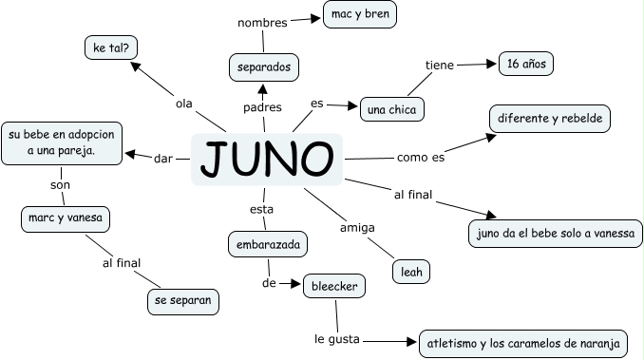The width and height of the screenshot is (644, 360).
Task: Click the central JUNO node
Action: pyautogui.click(x=267, y=160)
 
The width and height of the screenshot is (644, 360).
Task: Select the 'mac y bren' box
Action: pyautogui.click(x=360, y=14)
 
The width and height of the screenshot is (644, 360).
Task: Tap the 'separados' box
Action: pyautogui.click(x=264, y=67)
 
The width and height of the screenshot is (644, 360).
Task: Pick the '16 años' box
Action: pyautogui.click(x=525, y=64)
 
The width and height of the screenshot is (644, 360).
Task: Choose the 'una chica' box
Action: pyautogui.click(x=392, y=109)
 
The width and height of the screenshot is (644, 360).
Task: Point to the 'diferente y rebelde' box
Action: pyautogui.click(x=550, y=119)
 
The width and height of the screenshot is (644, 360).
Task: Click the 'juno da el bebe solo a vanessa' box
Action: pyautogui.click(x=556, y=233)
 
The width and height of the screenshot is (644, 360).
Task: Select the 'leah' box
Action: pyautogui.click(x=411, y=271)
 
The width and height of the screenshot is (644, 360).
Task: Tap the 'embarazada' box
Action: pyautogui.click(x=267, y=245)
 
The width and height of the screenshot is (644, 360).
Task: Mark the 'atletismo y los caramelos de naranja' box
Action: pyautogui.click(x=523, y=343)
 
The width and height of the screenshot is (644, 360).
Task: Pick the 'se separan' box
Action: pyautogui.click(x=183, y=302)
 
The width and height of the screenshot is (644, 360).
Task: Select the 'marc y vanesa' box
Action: pyautogui.click(x=66, y=219)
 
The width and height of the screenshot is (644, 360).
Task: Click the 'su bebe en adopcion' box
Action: pyautogui.click(x=62, y=142)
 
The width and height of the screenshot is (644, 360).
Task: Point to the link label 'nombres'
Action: pyautogui.click(x=262, y=23)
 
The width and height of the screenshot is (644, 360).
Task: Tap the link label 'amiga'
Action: pyautogui.click(x=358, y=228)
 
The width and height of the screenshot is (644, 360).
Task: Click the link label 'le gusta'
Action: pyautogui.click(x=338, y=338)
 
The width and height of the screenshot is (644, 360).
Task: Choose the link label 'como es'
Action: pyautogui.click(x=421, y=157)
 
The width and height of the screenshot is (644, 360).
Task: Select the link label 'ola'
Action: pyautogui.click(x=183, y=102)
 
